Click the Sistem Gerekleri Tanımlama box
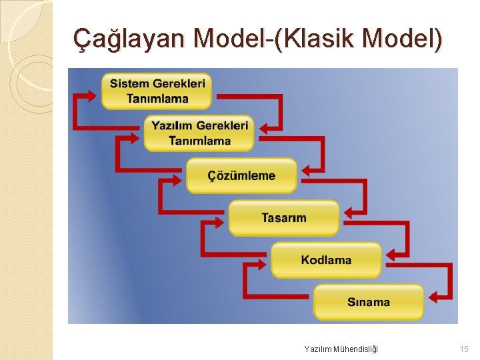click(x=157, y=91)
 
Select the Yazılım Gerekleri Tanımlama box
click(x=199, y=133)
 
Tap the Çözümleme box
click(x=241, y=175)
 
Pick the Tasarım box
click(x=284, y=217)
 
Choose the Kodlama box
click(x=326, y=259)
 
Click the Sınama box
click(x=369, y=301)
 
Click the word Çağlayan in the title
click(x=128, y=39)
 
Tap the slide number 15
click(x=464, y=349)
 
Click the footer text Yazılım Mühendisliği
click(x=341, y=349)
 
